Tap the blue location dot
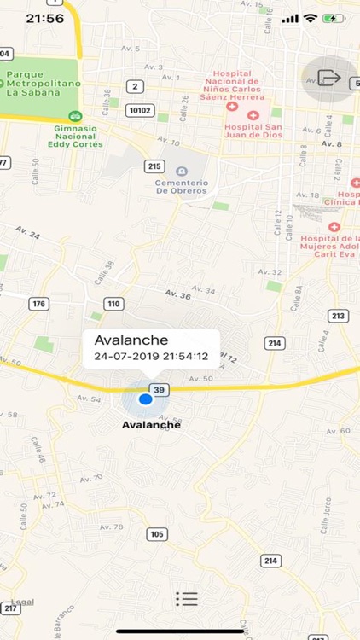[145, 399]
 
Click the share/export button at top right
[331, 79]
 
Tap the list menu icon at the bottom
[187, 598]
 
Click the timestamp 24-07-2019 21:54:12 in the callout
[152, 357]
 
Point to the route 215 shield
[154, 166]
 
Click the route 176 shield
[38, 304]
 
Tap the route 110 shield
[114, 304]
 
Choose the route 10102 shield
[138, 110]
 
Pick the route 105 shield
[155, 534]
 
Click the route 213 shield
[338, 317]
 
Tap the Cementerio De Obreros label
[181, 185]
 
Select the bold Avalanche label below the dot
[152, 424]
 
